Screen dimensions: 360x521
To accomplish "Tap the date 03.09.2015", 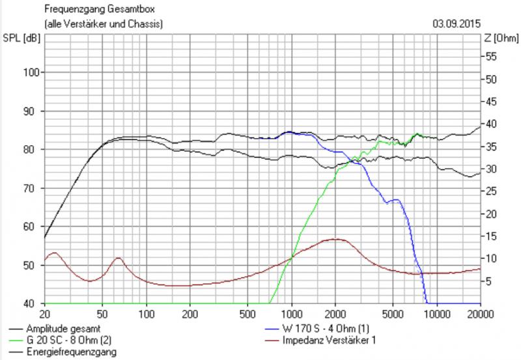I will [456, 24].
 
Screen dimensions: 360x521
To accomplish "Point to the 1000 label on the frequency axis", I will [292, 313].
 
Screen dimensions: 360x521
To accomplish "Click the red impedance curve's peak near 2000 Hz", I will [334, 239].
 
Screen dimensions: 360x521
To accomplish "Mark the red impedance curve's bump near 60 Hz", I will [118, 258].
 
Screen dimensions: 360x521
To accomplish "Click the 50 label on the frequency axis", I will [103, 313].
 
